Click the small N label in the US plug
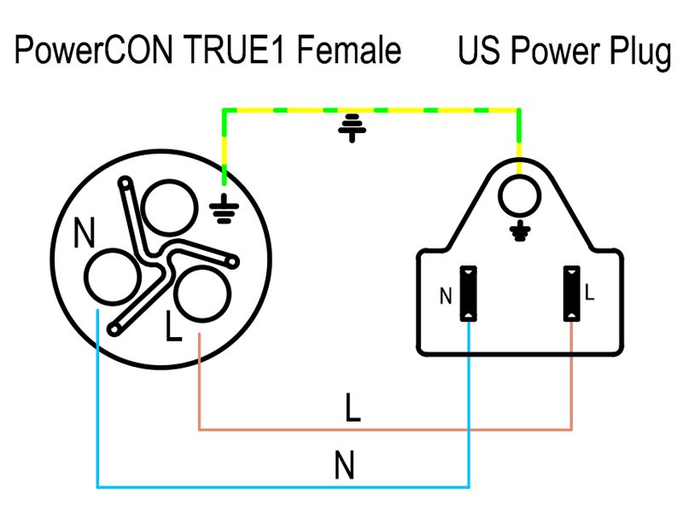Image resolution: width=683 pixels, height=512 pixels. [446, 297]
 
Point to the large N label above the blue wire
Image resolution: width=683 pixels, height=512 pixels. [344, 466]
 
